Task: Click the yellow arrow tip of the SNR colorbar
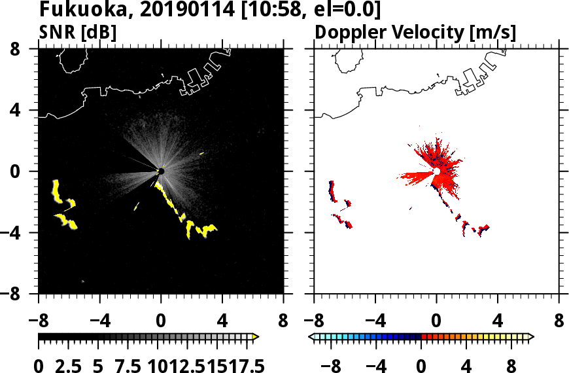click(x=256, y=336)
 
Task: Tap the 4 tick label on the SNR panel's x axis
click(x=222, y=321)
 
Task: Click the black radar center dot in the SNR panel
click(x=160, y=171)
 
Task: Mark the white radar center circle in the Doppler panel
click(x=436, y=171)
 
